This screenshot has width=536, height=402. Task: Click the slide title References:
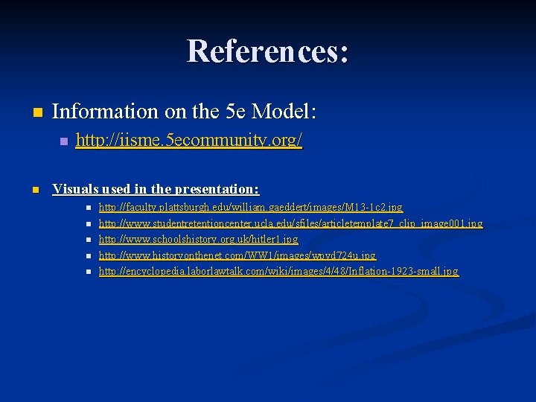click(267, 51)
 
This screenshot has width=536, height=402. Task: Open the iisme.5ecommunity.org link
click(189, 140)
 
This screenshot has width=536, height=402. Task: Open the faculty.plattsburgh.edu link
click(250, 208)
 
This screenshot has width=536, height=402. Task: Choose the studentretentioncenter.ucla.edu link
click(290, 223)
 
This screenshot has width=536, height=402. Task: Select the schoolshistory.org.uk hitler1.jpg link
click(198, 240)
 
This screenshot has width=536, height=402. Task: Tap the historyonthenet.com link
click(237, 255)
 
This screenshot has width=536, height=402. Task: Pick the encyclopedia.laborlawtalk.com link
click(278, 272)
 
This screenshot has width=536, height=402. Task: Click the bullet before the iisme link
click(63, 141)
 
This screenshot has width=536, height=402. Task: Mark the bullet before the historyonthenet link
click(88, 256)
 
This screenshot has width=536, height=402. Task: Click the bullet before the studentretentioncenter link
click(88, 224)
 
